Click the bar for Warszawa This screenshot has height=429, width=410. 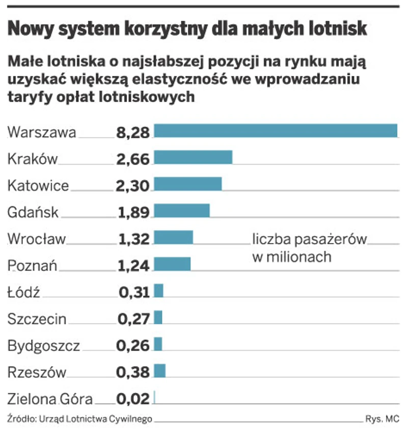point(275,130)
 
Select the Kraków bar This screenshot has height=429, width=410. point(193,157)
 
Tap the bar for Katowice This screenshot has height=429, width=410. point(187,184)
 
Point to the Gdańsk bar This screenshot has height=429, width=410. point(181,210)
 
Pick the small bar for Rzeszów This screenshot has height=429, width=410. point(159,371)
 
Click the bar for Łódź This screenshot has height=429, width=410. point(158,291)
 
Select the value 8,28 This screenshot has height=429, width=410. point(133,133)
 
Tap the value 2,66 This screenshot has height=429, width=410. point(133,159)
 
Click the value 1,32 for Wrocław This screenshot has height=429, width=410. point(134,239)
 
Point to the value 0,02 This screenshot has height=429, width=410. point(133,398)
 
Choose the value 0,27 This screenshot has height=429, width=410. point(134,319)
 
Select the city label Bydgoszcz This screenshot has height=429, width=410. point(44,346)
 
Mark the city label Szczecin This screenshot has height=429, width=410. point(37,319)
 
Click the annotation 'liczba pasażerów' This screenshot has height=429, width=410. point(309,239)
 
